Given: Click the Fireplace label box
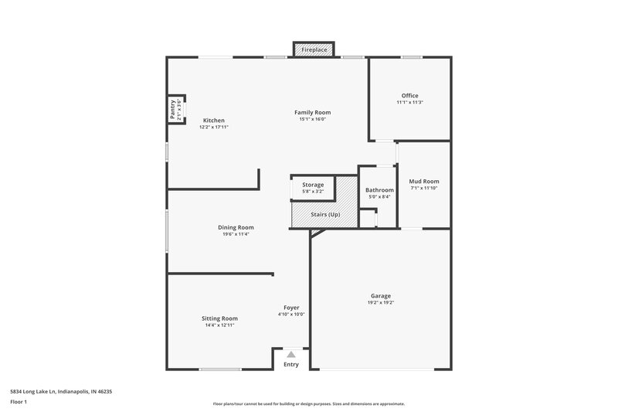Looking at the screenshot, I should pyautogui.click(x=313, y=49).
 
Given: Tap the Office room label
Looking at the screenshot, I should pyautogui.click(x=409, y=96).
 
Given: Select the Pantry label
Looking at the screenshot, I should pyautogui.click(x=173, y=109).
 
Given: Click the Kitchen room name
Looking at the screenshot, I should pyautogui.click(x=214, y=120).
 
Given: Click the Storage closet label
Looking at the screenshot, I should pyautogui.click(x=313, y=185).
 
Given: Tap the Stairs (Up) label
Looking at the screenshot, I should pyautogui.click(x=323, y=214).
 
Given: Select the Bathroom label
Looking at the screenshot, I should pyautogui.click(x=379, y=190).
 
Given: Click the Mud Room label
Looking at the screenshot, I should pyautogui.click(x=423, y=182).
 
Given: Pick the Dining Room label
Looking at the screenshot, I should pyautogui.click(x=236, y=227).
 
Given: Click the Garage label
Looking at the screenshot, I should pyautogui.click(x=380, y=296).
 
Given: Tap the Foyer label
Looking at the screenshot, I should pyautogui.click(x=291, y=308).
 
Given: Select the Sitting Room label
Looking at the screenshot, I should pyautogui.click(x=219, y=318).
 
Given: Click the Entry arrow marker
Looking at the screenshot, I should pyautogui.click(x=291, y=353).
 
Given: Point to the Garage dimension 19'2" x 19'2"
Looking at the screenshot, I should pyautogui.click(x=380, y=303).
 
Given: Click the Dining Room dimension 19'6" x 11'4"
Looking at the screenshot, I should pyautogui.click(x=236, y=234).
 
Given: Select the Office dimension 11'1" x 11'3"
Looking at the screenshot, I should pyautogui.click(x=409, y=103).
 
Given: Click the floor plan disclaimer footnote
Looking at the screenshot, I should pyautogui.click(x=308, y=403).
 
